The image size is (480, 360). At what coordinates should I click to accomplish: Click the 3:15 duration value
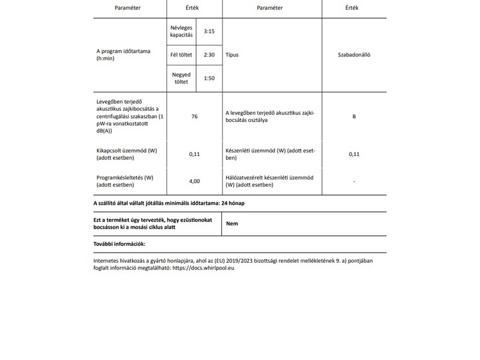coord(209,31)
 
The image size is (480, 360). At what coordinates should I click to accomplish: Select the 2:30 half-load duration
coord(209,55)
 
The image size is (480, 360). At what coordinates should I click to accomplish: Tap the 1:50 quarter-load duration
coord(209,78)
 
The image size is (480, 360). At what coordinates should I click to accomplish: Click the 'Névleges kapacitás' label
coord(181,31)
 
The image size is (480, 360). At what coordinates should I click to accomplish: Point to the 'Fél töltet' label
coord(181,55)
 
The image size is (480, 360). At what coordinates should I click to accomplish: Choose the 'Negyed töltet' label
coord(181,78)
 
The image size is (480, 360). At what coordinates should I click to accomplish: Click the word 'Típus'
coord(232,55)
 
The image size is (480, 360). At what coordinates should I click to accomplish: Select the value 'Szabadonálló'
coord(354,55)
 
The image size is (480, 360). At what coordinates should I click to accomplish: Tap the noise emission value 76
coord(194,116)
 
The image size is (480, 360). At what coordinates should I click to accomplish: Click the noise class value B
coord(354,116)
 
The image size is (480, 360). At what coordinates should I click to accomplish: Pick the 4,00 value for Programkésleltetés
coord(194,181)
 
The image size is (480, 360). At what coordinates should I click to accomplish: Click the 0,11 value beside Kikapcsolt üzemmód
coord(194,154)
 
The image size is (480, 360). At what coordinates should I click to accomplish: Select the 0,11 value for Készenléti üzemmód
coord(354,154)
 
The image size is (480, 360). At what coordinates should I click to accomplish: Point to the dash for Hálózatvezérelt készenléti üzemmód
coord(354,181)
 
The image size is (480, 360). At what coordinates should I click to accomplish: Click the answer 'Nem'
coord(231,223)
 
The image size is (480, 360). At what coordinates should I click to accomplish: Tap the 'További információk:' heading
coord(119,244)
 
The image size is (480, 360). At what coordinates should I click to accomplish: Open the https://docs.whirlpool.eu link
coord(203,269)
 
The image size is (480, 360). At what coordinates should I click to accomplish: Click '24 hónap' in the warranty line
coord(233,203)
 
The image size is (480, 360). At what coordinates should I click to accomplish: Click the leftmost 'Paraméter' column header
coord(127,8)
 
